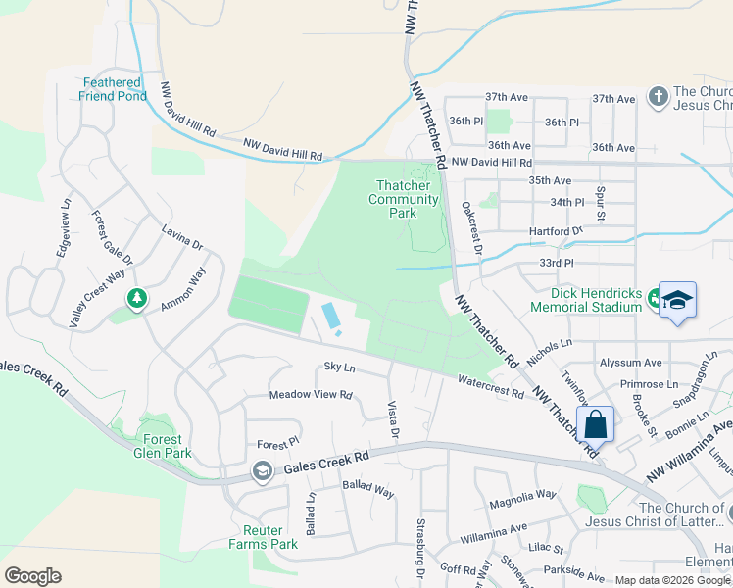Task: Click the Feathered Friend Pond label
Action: tap(115, 89)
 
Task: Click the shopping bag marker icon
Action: tap(595, 425)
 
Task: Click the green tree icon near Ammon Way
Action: tap(137, 298)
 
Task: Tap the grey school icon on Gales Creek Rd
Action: tap(262, 472)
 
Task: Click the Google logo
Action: tap(32, 575)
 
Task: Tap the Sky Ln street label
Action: tap(339, 367)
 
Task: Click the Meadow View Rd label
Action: tap(311, 395)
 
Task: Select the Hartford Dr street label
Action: tap(555, 231)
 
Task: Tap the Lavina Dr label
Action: tap(182, 237)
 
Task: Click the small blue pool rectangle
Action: tap(331, 316)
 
